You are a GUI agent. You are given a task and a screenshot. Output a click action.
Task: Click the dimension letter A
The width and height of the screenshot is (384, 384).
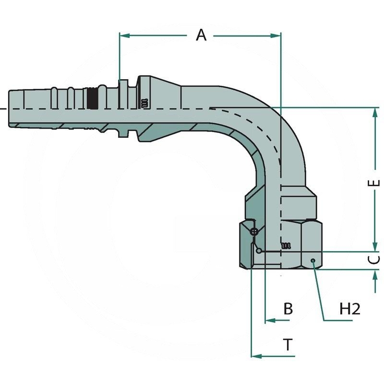coord(201,35)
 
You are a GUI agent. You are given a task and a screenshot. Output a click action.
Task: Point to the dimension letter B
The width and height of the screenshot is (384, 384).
coord(288,309)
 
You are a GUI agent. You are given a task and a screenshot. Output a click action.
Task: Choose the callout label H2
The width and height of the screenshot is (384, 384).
coord(349,309)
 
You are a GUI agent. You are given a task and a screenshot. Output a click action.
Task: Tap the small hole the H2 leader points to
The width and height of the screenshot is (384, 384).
coord(313,261)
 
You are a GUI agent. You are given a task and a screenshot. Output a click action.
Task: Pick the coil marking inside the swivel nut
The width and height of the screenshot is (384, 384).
coord(286,245)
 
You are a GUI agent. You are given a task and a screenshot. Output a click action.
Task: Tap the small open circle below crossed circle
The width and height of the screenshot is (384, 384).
coord(259,250)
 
